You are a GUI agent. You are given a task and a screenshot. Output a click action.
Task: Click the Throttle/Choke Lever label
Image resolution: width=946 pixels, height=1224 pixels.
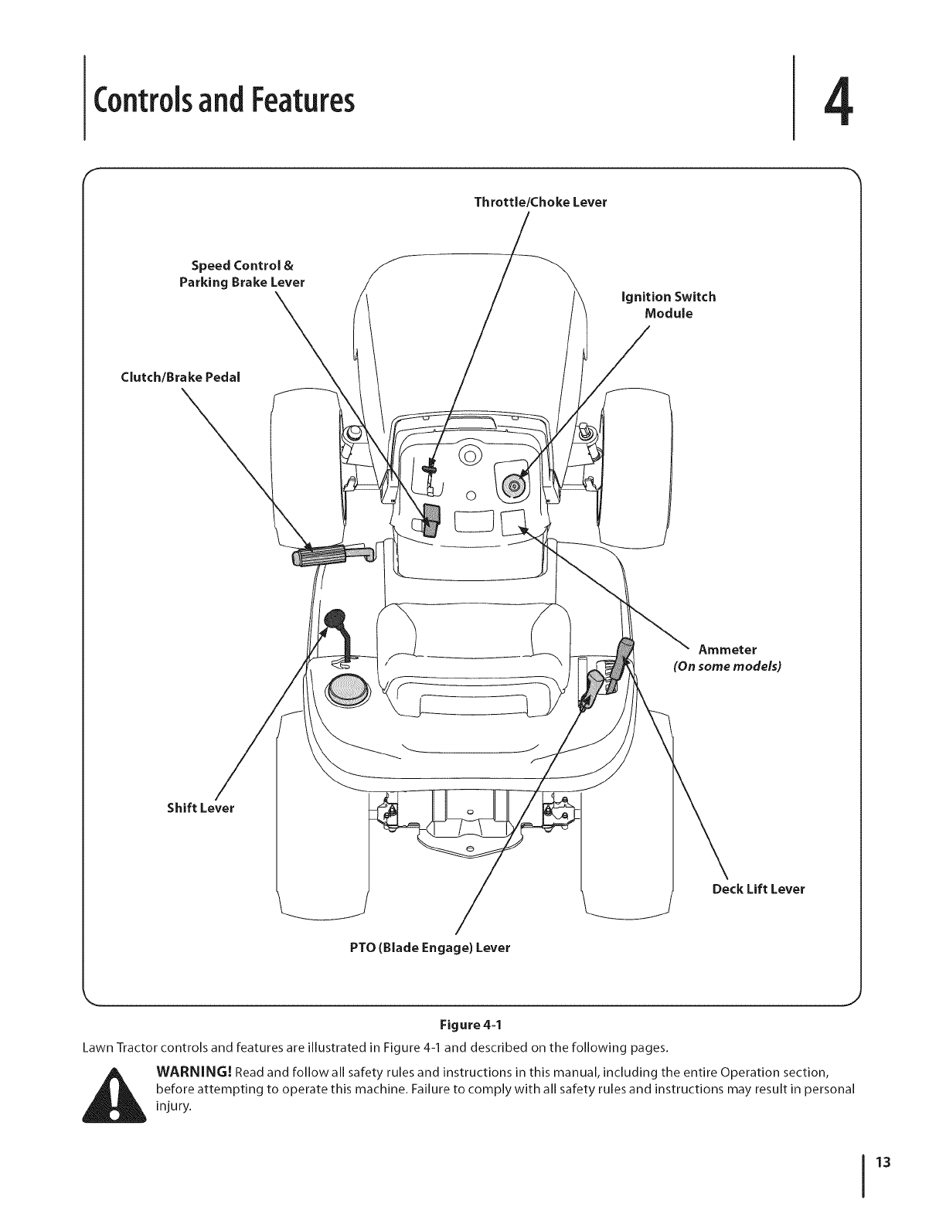click(x=540, y=202)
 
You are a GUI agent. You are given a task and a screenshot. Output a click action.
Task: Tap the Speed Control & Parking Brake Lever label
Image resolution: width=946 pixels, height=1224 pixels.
click(x=242, y=274)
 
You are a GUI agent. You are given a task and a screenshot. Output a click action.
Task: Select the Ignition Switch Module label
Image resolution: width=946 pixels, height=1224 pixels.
click(x=669, y=305)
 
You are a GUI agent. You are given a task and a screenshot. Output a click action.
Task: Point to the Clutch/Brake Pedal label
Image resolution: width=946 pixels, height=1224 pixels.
click(x=181, y=377)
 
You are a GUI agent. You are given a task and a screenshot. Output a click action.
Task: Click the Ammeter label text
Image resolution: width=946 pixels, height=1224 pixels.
click(x=727, y=648)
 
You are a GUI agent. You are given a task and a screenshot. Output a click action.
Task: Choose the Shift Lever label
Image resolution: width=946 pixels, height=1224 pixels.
click(x=200, y=808)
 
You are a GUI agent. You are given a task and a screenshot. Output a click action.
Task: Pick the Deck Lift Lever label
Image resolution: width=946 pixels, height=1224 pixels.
click(x=758, y=889)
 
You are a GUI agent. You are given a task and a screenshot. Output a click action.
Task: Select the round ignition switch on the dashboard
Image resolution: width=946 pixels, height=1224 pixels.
click(x=512, y=485)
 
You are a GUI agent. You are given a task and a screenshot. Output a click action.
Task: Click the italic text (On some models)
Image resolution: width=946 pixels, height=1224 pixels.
click(x=727, y=665)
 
